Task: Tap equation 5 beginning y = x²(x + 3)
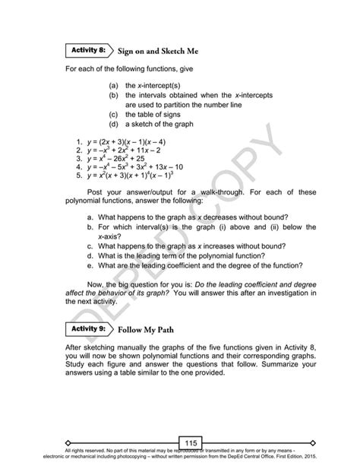pos(128,179)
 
